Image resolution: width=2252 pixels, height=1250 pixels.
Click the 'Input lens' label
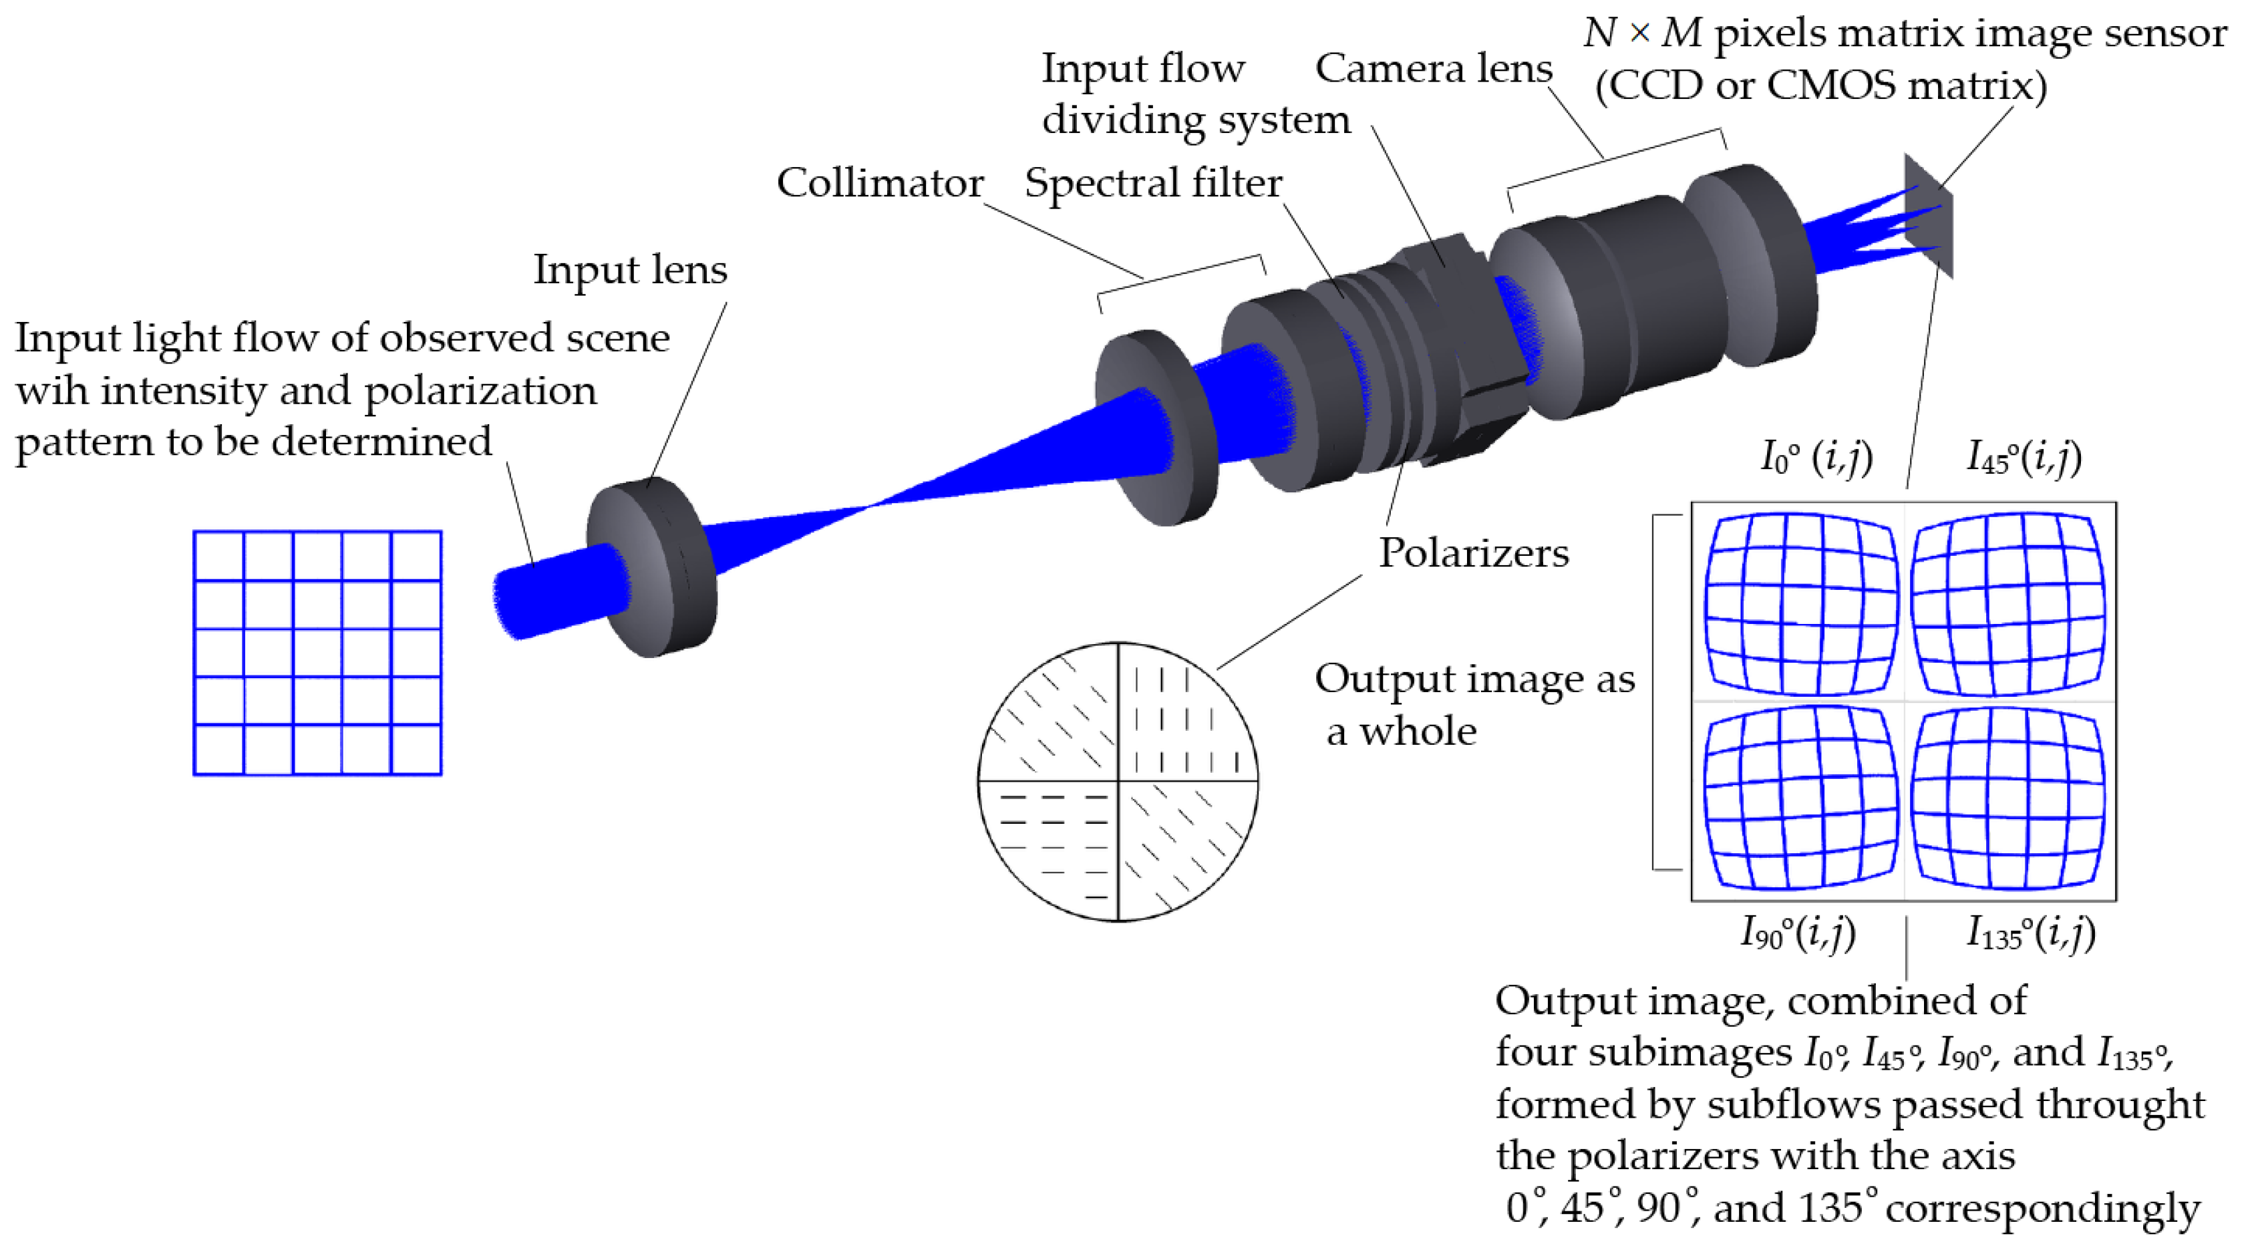(x=629, y=269)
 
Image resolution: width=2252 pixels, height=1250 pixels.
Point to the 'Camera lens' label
(x=1433, y=68)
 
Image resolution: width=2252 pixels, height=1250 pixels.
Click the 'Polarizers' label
(x=1474, y=553)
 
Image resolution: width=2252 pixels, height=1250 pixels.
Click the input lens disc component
(x=651, y=568)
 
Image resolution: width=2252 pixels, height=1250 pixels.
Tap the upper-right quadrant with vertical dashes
(x=1180, y=717)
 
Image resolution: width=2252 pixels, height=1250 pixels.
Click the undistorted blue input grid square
(x=317, y=652)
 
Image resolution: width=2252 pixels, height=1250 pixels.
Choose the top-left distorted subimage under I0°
(x=1801, y=603)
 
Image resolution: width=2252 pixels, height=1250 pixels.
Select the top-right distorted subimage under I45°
(x=2007, y=603)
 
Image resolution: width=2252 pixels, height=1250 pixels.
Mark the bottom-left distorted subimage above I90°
(x=1801, y=797)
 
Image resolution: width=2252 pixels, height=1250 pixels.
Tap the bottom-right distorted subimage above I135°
(x=2007, y=797)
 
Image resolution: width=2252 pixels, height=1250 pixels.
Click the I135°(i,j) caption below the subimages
(x=2030, y=933)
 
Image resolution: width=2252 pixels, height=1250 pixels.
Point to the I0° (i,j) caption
(x=1816, y=457)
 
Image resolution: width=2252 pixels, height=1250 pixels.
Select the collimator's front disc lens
(x=1154, y=428)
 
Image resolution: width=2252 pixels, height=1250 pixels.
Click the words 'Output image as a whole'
(x=1474, y=704)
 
